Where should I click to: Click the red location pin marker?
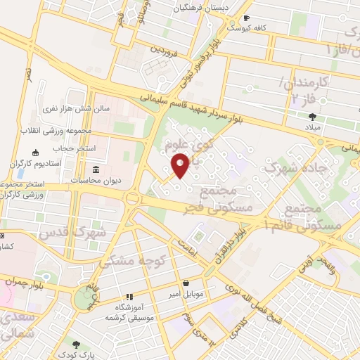point(181,165)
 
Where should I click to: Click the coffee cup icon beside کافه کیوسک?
point(245,18)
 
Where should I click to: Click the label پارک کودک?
point(75,355)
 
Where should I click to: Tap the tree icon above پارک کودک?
point(75,345)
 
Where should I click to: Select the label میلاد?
point(312,129)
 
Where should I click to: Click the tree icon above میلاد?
point(312,117)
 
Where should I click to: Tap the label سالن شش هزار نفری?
point(68,109)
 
